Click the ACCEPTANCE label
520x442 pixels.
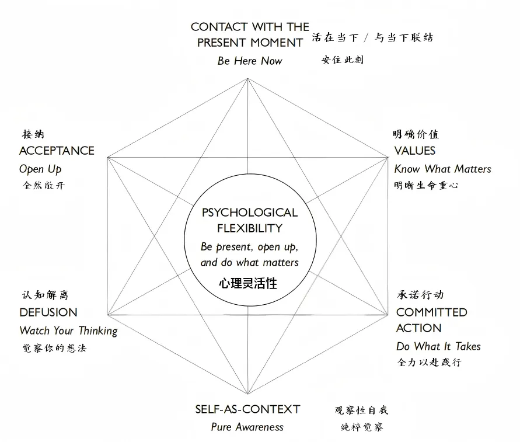click(x=57, y=151)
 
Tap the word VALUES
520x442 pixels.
click(x=415, y=151)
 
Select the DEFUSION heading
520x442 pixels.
click(x=48, y=312)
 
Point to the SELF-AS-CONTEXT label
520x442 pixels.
click(x=247, y=409)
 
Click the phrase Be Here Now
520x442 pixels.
click(x=250, y=61)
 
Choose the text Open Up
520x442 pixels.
click(x=40, y=169)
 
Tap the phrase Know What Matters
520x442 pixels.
click(x=442, y=169)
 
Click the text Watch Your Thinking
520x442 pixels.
click(x=68, y=330)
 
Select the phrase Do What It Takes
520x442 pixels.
click(x=438, y=346)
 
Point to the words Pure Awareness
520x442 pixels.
click(x=247, y=427)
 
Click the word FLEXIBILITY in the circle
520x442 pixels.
click(x=250, y=228)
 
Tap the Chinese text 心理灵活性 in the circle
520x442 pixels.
click(x=248, y=284)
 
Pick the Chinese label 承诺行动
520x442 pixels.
click(x=420, y=295)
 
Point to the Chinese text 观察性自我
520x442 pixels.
click(x=361, y=410)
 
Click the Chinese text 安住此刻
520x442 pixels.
click(x=343, y=60)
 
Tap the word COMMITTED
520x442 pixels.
click(x=432, y=312)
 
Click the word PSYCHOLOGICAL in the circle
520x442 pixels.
click(x=250, y=213)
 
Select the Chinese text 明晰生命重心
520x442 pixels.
click(x=426, y=185)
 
